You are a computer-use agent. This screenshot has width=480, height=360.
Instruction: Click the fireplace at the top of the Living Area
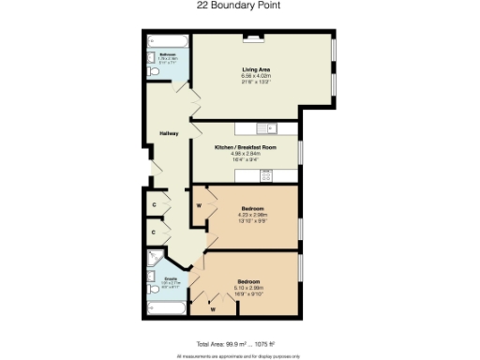click(253, 39)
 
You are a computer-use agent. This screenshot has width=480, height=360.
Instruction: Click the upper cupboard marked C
click(154, 202)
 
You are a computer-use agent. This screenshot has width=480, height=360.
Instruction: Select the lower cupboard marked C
click(154, 229)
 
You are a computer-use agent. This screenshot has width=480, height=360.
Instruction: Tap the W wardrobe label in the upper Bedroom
click(200, 205)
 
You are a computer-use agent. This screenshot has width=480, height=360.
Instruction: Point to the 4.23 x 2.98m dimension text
click(251, 214)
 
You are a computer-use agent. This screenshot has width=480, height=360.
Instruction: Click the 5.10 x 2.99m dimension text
click(248, 288)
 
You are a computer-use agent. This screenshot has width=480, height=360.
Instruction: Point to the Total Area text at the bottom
click(239, 344)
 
